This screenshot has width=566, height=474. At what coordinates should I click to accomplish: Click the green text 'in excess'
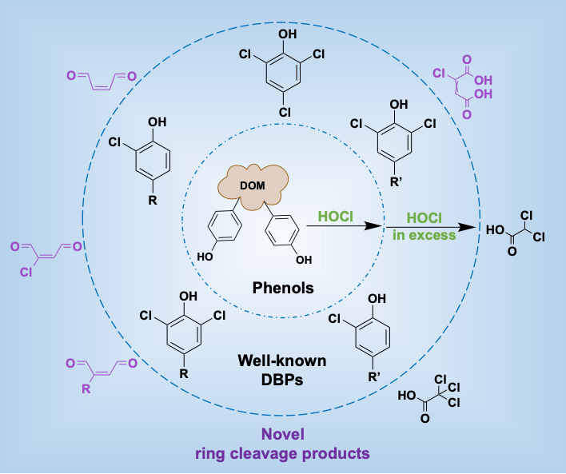[x=424, y=235]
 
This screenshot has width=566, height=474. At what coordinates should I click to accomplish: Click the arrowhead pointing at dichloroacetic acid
[x=475, y=227]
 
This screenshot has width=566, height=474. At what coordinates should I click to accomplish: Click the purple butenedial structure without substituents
[x=101, y=78]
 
